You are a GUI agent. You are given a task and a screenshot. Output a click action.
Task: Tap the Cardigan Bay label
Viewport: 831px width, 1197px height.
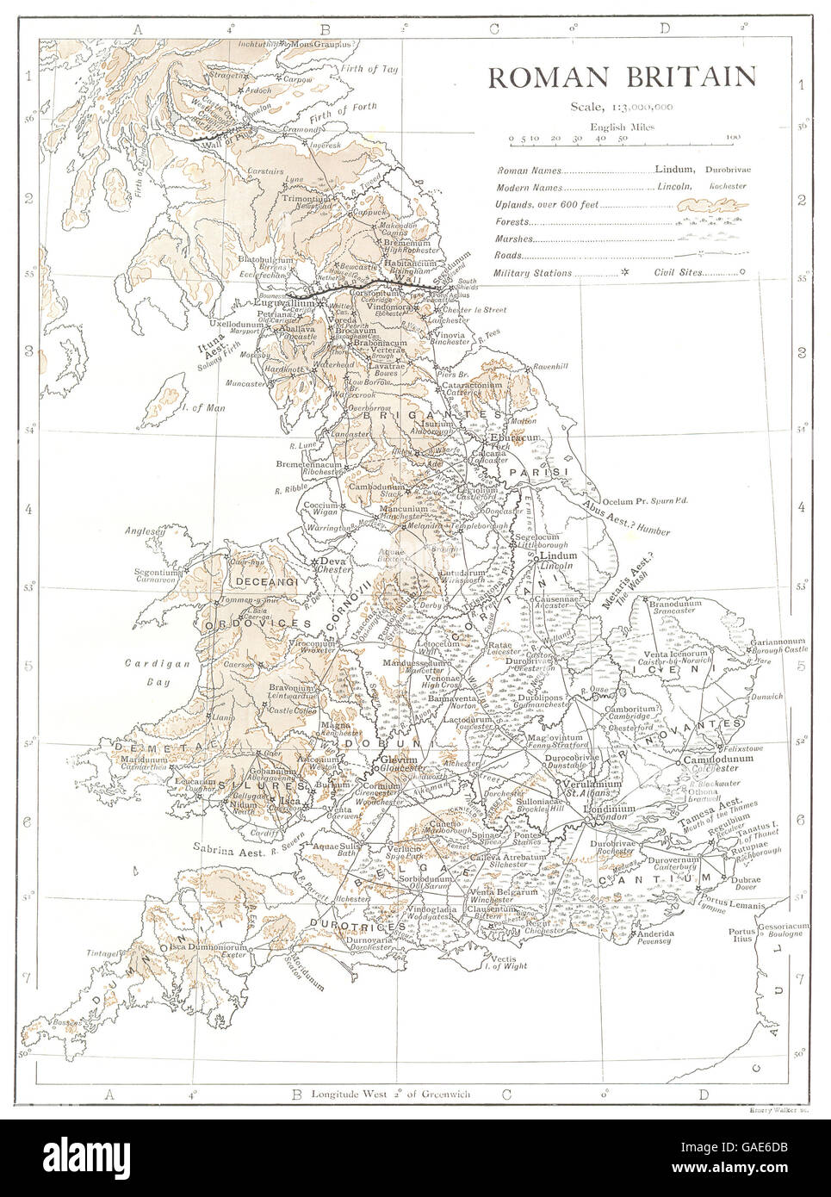click(x=150, y=670)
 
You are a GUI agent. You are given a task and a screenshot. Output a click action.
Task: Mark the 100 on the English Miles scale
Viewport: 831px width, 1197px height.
click(x=733, y=137)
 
